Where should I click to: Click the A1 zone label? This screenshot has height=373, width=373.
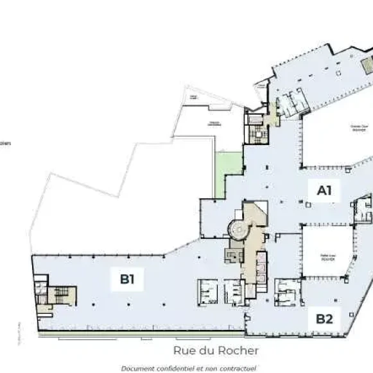pyautogui.click(x=324, y=190)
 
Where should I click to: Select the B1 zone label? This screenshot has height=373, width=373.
pyautogui.click(x=127, y=279)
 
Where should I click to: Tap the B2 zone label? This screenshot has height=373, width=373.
pyautogui.click(x=324, y=317)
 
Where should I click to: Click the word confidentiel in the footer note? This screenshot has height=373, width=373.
pyautogui.click(x=175, y=369)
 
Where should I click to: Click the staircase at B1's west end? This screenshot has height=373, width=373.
pyautogui.click(x=60, y=295)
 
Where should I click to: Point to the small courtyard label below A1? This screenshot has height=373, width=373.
pyautogui.click(x=327, y=256)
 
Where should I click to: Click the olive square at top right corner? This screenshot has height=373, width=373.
pyautogui.click(x=367, y=65)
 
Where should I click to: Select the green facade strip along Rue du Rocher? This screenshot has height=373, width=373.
pyautogui.click(x=141, y=333)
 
